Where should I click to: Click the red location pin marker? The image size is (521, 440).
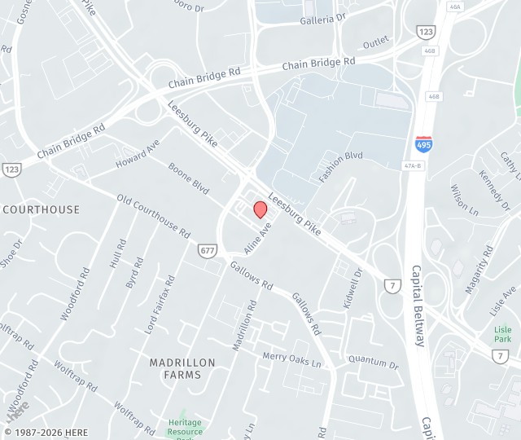(x=260, y=209)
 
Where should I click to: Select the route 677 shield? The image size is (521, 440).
(x=207, y=250)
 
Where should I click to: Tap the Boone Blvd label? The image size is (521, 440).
(x=188, y=178)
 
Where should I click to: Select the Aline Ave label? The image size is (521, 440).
(x=257, y=237)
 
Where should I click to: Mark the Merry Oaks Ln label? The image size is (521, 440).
(x=291, y=359)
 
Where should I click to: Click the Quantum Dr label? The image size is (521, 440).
(x=373, y=361)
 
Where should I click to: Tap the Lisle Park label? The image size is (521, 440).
(x=502, y=334)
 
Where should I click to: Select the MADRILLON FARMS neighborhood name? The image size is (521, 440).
(x=182, y=368)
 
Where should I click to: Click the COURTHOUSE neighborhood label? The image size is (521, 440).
(x=42, y=209)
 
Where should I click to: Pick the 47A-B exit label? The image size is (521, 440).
(x=414, y=165)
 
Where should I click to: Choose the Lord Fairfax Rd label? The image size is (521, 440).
(x=160, y=305)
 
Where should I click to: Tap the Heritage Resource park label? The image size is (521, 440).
(x=185, y=427)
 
